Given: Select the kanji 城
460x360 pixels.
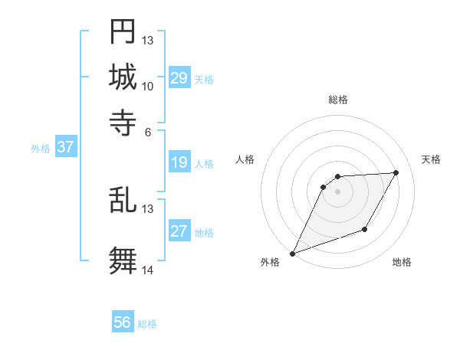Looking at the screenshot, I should [x=123, y=77].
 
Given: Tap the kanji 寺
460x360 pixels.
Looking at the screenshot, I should [x=123, y=122].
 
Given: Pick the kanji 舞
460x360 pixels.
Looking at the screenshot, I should [x=123, y=260].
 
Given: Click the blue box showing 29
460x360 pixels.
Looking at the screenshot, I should [x=179, y=78].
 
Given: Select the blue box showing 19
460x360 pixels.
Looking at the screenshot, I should [x=179, y=162].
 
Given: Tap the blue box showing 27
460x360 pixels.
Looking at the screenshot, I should [x=179, y=231].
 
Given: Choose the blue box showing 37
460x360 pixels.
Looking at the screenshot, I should [x=65, y=147].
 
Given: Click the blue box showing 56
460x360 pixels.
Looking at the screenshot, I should [x=123, y=322].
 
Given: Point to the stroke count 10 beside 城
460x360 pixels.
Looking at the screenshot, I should [x=148, y=86].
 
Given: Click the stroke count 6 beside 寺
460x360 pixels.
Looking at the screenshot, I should [x=148, y=131].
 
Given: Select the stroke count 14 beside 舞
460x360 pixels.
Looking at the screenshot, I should [x=148, y=270].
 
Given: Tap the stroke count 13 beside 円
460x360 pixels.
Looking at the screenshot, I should [x=148, y=40].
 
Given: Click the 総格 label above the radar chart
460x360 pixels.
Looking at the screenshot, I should [x=337, y=100].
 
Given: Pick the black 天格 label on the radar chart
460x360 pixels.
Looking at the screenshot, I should [x=432, y=159].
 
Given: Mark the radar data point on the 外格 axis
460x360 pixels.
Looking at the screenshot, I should [x=292, y=254].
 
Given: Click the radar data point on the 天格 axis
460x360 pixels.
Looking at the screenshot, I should [x=396, y=172].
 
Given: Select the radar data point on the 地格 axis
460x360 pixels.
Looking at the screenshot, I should [x=366, y=230].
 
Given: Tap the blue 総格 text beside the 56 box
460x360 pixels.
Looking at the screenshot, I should [x=147, y=324].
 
